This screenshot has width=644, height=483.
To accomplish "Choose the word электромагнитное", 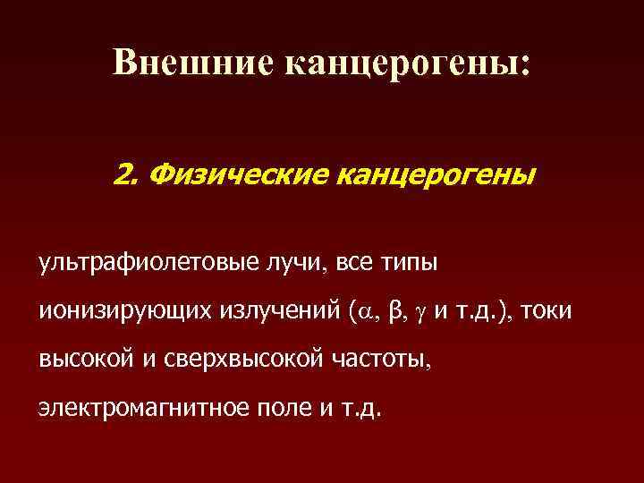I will pyautogui.click(x=141, y=409).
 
